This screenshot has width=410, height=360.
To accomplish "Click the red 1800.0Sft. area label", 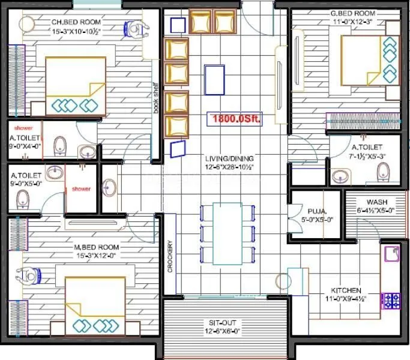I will (235, 119).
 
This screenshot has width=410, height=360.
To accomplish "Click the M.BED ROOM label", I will (97, 247).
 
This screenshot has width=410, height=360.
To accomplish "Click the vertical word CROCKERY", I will (171, 257).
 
